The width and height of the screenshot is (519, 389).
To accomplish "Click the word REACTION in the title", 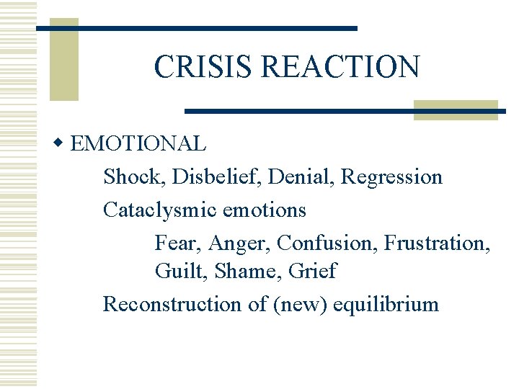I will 340,67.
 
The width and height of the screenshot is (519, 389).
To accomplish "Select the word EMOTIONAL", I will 138,143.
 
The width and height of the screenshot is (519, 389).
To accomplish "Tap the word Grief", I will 312,271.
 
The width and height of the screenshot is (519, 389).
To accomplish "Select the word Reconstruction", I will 172,304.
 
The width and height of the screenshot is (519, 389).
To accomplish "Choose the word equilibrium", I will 387,305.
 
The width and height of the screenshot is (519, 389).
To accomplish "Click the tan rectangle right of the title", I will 456,109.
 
